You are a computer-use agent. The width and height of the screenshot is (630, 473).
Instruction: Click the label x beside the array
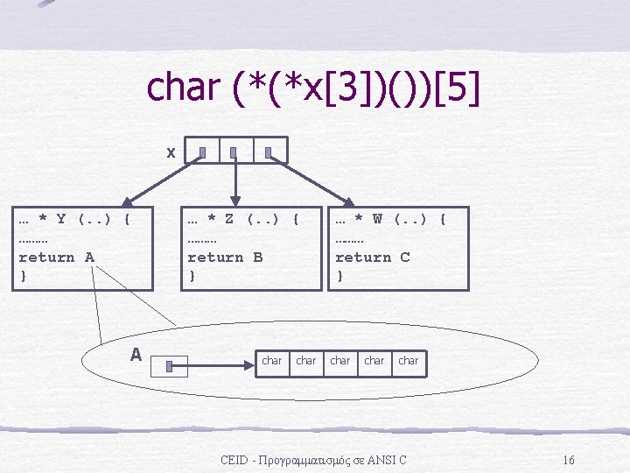click(171, 152)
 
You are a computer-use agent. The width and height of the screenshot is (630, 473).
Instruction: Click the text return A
click(56, 257)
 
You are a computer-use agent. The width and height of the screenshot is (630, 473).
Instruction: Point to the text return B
click(225, 257)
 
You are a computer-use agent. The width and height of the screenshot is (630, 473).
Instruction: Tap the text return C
click(373, 257)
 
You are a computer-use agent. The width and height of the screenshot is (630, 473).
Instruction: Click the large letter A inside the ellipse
click(136, 355)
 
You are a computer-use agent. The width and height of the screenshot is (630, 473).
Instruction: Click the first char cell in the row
click(272, 361)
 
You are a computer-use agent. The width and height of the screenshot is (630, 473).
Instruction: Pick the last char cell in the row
click(409, 361)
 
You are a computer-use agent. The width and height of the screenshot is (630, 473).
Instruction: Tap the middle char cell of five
click(340, 361)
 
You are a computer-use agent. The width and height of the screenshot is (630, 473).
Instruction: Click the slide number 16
click(569, 460)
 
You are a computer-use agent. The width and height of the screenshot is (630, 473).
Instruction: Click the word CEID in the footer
click(234, 460)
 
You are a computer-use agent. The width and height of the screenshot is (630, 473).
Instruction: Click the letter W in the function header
click(377, 217)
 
